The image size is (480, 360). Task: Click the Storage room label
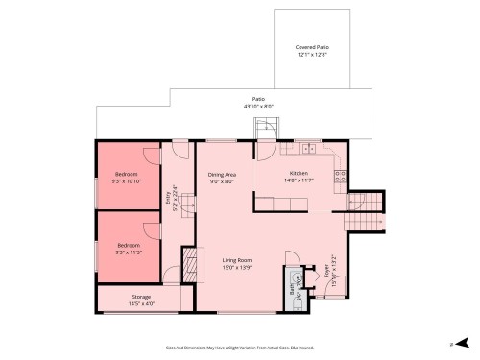[x=140, y=297]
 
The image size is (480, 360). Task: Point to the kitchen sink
[x=309, y=148]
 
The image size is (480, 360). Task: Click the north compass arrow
[x=462, y=343]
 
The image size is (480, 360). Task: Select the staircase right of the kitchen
[x=365, y=211]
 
